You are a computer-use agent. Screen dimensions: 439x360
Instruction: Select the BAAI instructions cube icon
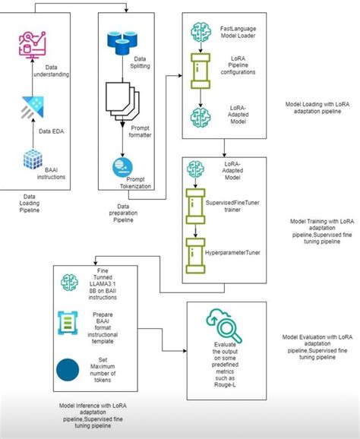30,162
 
